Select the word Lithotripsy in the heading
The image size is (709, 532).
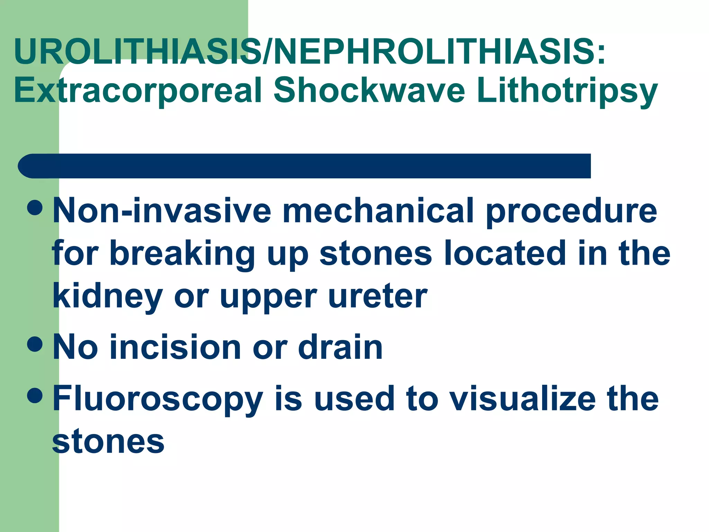(567, 91)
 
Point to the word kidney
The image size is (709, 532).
(108, 297)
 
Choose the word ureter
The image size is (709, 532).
(378, 296)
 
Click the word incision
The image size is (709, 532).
(175, 347)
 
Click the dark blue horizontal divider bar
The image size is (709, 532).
(305, 166)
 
